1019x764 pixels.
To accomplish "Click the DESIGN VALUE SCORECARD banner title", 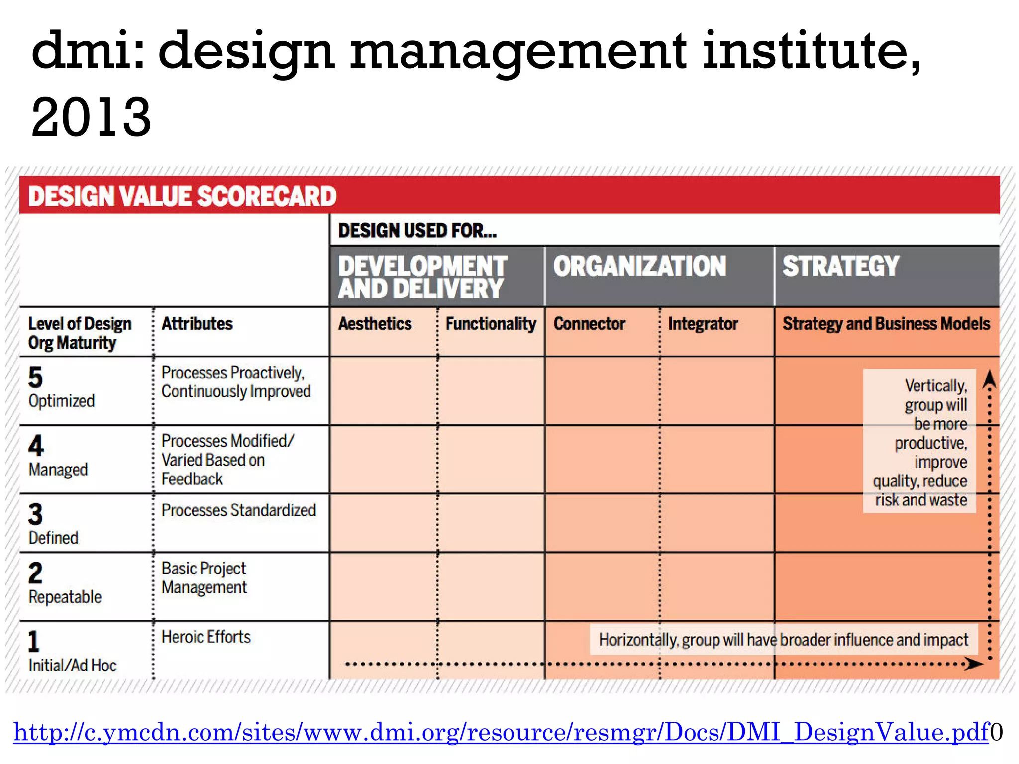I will (182, 196).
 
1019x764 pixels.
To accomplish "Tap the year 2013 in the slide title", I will (91, 117).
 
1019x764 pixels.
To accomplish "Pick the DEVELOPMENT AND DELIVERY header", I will (422, 277).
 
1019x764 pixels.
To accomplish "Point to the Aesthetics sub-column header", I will (375, 324).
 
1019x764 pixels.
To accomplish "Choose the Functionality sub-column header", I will (491, 324).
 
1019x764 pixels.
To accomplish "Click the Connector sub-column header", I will (589, 324).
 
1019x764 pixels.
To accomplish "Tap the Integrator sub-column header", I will (703, 324).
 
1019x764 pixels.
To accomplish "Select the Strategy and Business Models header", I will (886, 324).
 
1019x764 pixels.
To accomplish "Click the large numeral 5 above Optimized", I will (36, 378).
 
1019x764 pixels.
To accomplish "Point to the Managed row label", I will (58, 469).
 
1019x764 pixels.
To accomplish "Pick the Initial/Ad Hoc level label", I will (73, 665).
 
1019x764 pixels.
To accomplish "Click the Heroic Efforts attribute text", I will (206, 637).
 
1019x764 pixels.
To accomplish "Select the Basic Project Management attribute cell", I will (204, 578).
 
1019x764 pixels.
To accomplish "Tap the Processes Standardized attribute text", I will (239, 510).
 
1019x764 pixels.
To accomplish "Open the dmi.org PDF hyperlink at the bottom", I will (501, 732).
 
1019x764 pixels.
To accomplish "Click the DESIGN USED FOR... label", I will (417, 231).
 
